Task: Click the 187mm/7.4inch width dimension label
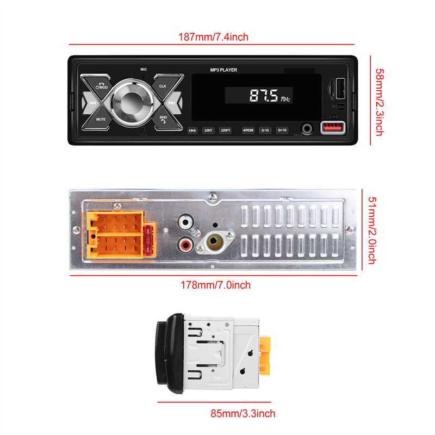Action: click(214, 37)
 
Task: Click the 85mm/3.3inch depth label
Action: click(243, 414)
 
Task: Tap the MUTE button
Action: click(101, 118)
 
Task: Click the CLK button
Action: click(162, 86)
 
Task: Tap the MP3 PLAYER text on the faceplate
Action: click(223, 70)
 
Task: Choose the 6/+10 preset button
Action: click(282, 130)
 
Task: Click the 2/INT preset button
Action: click(208, 130)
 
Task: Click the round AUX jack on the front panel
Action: click(309, 128)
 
